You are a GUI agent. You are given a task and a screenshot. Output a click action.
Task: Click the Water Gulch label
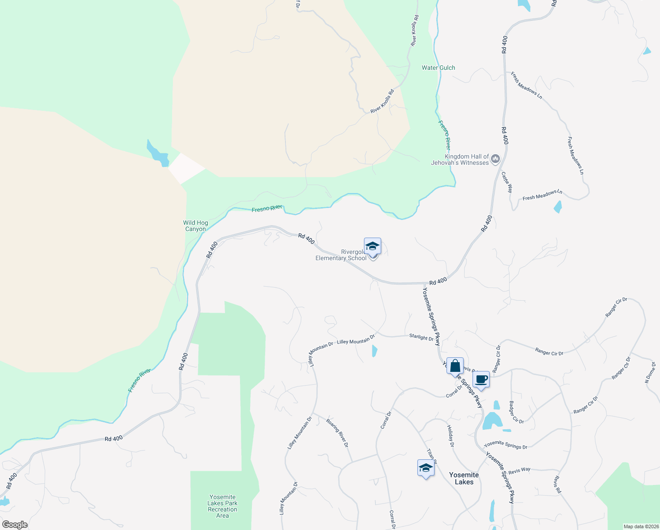(x=438, y=68)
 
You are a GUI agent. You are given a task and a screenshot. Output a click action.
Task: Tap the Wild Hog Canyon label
(x=195, y=226)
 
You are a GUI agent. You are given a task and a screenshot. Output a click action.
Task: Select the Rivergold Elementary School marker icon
(x=372, y=246)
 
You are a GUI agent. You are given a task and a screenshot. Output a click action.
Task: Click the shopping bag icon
(x=455, y=366)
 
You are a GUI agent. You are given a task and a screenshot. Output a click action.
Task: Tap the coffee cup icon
(x=481, y=379)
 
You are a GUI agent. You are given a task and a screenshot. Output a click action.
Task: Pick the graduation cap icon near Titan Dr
(x=426, y=468)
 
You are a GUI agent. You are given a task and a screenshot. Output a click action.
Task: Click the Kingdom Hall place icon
(x=495, y=159)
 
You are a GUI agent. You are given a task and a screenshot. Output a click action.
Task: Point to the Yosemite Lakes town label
(x=464, y=478)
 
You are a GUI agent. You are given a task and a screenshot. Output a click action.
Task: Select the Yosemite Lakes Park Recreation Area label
(x=223, y=506)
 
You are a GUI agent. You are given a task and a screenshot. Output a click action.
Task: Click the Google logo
(x=15, y=525)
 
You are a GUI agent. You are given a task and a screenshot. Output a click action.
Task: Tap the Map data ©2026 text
(x=641, y=526)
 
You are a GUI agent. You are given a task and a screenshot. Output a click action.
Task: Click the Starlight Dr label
(x=421, y=337)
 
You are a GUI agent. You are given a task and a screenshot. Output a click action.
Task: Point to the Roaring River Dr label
(x=337, y=433)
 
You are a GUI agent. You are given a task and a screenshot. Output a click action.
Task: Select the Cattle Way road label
(x=507, y=182)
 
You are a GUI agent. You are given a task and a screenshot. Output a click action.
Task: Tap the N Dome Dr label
(x=651, y=372)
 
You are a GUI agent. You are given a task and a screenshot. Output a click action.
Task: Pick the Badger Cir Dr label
(x=516, y=413)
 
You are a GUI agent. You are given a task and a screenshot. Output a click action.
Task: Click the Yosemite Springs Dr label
(x=506, y=445)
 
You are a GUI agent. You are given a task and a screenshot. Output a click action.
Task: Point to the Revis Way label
(x=519, y=470)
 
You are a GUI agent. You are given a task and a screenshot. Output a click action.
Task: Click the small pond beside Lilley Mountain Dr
(x=375, y=351)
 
